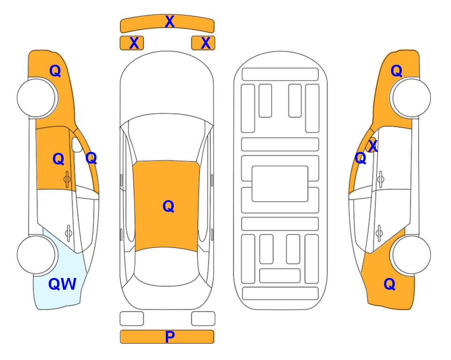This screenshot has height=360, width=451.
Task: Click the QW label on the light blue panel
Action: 62,284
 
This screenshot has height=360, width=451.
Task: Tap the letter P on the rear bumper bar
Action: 170,337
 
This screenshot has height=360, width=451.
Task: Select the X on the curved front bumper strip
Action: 170,22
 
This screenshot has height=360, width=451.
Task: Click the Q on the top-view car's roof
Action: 168,206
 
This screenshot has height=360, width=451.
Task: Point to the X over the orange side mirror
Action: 373,145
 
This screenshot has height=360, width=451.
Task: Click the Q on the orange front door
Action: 59,159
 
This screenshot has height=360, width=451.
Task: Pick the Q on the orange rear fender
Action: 390,284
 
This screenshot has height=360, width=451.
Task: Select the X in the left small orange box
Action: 134,43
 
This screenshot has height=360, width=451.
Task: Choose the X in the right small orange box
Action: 206,43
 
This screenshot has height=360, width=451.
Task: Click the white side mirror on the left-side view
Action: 76,144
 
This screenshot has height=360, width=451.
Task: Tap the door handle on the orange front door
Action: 67,179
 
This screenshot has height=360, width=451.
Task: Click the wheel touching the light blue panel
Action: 37,255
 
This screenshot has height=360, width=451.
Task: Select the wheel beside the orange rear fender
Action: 411,255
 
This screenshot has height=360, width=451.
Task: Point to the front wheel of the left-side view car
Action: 37,98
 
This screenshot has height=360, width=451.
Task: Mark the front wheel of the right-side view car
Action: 411,98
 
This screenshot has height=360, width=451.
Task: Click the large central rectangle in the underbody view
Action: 280,184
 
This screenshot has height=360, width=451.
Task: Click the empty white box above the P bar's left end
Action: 132,319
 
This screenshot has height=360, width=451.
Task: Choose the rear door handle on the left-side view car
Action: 68,232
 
